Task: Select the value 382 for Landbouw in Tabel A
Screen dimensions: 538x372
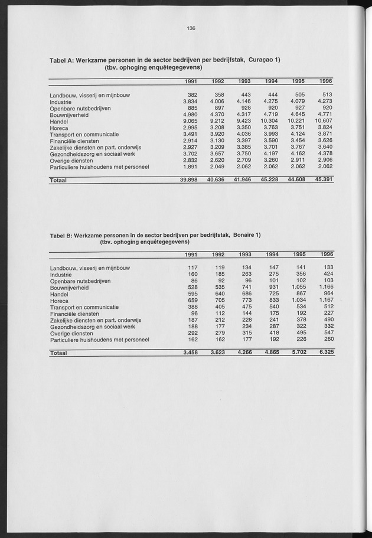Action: pyautogui.click(x=191, y=94)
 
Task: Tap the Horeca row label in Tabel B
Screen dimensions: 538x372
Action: pyautogui.click(x=60, y=300)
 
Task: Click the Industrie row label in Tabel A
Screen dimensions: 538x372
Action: pyautogui.click(x=62, y=102)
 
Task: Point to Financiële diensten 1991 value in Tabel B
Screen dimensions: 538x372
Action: pyautogui.click(x=192, y=314)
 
